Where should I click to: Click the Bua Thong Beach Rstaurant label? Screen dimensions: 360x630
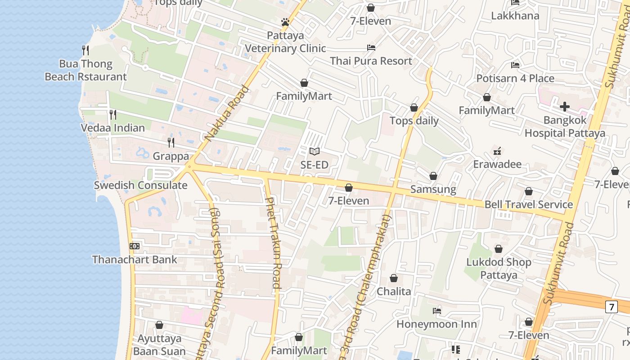tap(85, 70)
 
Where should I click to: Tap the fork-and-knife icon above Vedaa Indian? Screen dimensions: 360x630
tap(112, 115)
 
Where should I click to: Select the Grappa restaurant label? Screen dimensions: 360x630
tap(171, 156)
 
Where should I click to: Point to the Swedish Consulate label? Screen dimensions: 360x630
tap(140, 185)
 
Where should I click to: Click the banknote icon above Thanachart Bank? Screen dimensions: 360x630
tap(134, 246)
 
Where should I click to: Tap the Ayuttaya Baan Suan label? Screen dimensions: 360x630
tap(159, 345)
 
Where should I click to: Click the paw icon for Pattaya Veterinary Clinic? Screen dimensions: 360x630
tap(285, 22)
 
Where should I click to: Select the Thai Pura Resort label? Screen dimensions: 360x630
tap(371, 61)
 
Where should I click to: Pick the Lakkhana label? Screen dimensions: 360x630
tap(515, 16)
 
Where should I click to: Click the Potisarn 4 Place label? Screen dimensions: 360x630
tap(515, 78)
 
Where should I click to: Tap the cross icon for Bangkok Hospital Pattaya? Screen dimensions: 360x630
tap(564, 107)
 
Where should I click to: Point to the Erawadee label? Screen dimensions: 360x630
tap(497, 164)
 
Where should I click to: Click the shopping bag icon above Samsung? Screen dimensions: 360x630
tap(433, 176)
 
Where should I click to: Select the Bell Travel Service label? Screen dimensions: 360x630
tap(528, 204)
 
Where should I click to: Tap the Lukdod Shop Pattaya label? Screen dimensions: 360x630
tap(499, 268)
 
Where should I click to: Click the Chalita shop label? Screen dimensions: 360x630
tap(394, 291)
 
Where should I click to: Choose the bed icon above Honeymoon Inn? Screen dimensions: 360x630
tap(436, 310)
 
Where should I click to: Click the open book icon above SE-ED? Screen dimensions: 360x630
tap(314, 152)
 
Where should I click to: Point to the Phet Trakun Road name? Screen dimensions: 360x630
tap(273, 243)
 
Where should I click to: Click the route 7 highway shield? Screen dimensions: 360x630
tap(611, 307)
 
